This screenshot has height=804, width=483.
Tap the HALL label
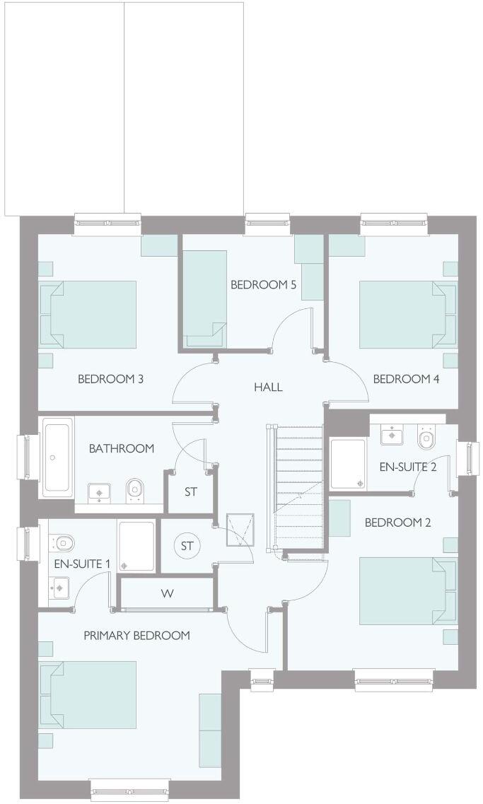coord(268,387)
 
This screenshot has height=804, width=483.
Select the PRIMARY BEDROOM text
coord(136,635)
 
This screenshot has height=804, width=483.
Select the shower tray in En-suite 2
coord(348,464)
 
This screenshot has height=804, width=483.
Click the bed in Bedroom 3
coord(88,314)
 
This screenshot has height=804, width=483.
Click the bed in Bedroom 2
coord(407,591)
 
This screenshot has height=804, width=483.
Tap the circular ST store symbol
coord(187,546)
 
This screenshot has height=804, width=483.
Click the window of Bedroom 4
coord(394,223)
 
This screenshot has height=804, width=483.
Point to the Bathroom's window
coord(24,456)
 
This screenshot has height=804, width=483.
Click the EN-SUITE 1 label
coord(82,564)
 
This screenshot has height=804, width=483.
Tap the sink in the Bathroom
coord(98,490)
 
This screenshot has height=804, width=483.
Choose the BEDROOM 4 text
coord(406,379)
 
